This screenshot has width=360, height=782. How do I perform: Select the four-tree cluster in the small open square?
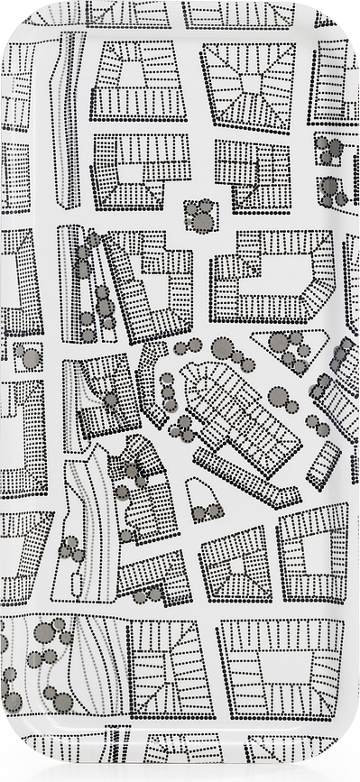click(199, 216)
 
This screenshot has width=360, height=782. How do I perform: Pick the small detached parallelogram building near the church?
click(322, 464)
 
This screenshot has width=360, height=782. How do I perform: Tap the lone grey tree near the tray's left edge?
click(30, 357)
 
